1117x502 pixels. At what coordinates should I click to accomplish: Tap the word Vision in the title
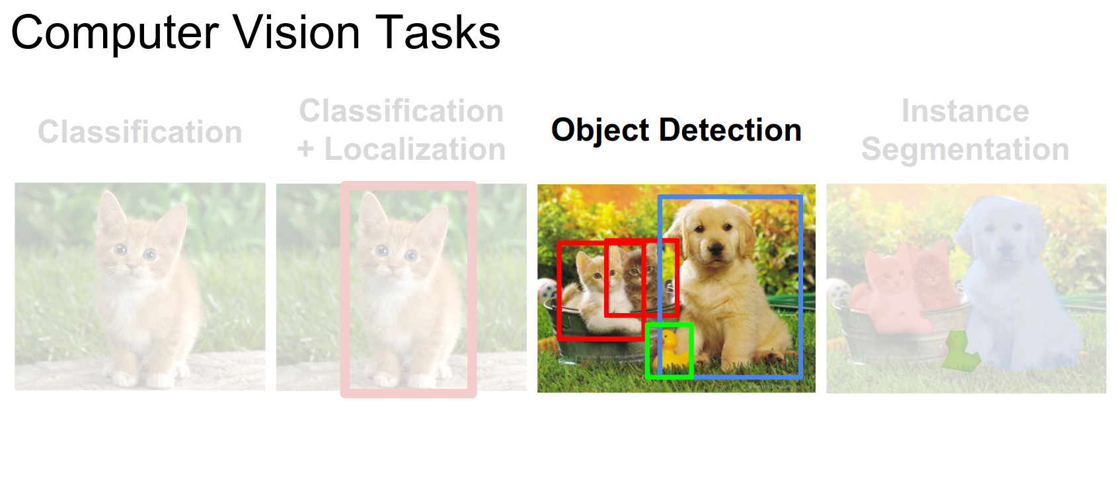(296, 32)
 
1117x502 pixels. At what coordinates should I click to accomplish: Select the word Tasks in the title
(438, 32)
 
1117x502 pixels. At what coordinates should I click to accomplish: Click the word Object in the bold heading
(600, 131)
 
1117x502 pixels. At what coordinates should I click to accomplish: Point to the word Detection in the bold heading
(730, 130)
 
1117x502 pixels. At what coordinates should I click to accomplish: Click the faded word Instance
(966, 111)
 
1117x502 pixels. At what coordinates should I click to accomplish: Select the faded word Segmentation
(966, 149)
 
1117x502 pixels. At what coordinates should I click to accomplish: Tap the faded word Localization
(415, 149)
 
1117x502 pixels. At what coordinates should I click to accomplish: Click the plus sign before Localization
(305, 149)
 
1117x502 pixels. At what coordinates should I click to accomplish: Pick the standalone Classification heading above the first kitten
(140, 132)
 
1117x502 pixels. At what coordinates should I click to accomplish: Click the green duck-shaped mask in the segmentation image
(960, 351)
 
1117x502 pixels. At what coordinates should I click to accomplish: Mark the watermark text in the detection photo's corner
(778, 386)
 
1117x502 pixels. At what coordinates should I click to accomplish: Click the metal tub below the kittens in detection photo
(598, 344)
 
